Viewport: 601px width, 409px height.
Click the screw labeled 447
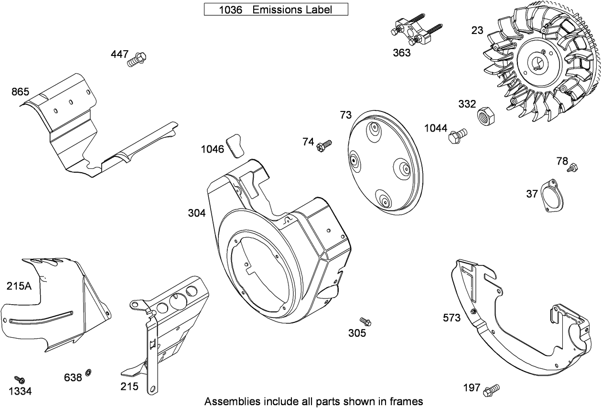[137, 59]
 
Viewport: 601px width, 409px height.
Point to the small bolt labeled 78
[572, 167]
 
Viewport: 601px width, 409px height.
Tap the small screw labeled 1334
[20, 380]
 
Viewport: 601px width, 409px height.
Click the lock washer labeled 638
[88, 372]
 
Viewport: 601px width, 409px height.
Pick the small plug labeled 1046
[235, 144]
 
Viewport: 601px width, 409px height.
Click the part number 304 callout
[196, 213]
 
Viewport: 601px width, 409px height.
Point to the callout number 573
[451, 318]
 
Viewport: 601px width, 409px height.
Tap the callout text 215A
[19, 286]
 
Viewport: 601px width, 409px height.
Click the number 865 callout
[21, 91]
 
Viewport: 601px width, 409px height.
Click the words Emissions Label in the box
[292, 10]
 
